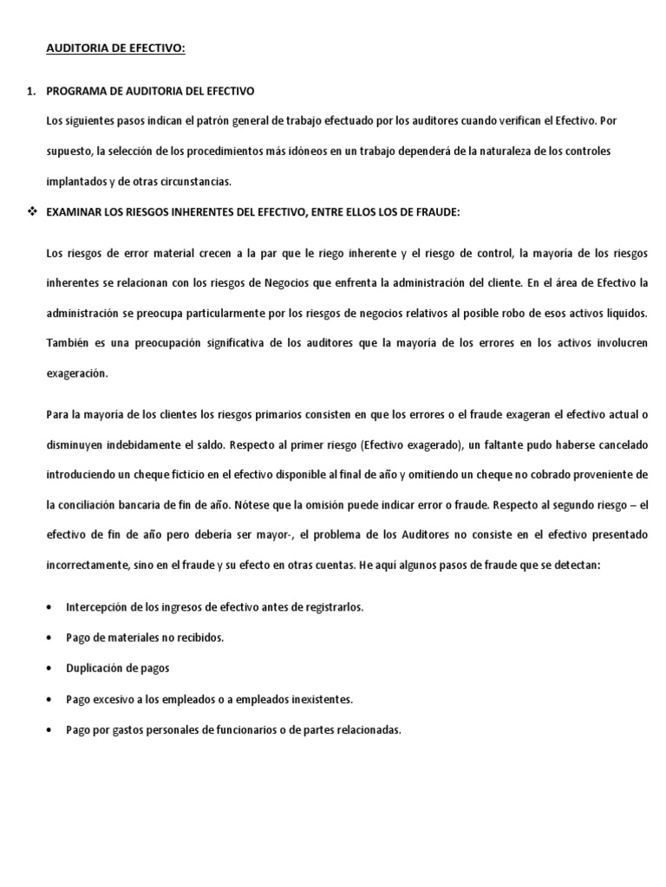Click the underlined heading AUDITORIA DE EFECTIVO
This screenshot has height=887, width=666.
[x=115, y=49]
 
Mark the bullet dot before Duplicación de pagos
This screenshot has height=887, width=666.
[x=48, y=669]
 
